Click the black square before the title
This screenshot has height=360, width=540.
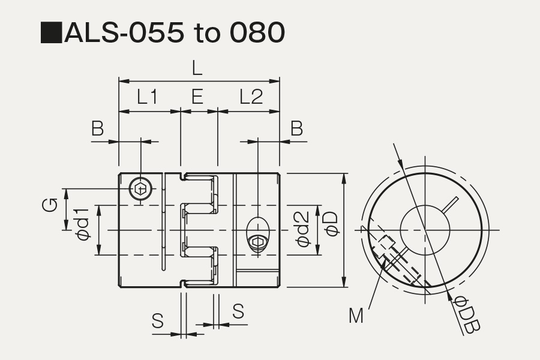pyautogui.click(x=52, y=33)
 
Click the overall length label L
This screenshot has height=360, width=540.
pyautogui.click(x=197, y=68)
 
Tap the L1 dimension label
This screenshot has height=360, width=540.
pyautogui.click(x=148, y=97)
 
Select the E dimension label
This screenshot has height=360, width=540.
pyautogui.click(x=197, y=97)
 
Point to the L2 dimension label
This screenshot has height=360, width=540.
pyautogui.click(x=251, y=97)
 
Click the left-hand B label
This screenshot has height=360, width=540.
pyautogui.click(x=97, y=128)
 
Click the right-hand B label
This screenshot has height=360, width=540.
pyautogui.click(x=296, y=128)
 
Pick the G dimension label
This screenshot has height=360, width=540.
pyautogui.click(x=50, y=205)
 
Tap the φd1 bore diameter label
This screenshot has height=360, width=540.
pyautogui.click(x=83, y=224)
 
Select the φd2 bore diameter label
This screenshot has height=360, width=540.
pyautogui.click(x=303, y=229)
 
